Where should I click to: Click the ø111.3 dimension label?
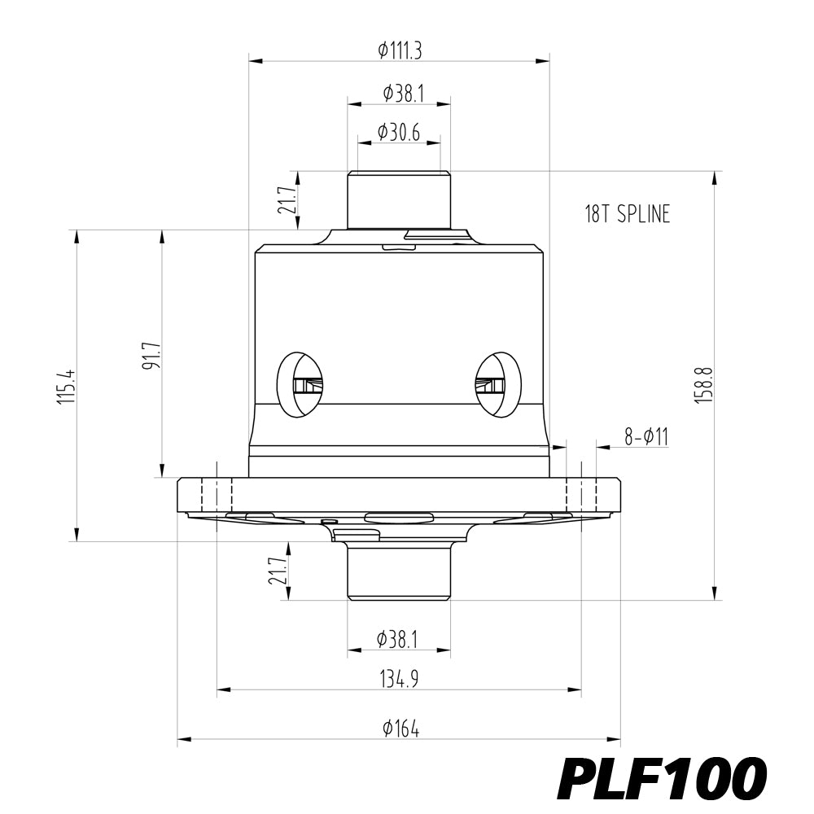point(399,50)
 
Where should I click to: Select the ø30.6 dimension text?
point(399,133)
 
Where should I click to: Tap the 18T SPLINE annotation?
point(628,214)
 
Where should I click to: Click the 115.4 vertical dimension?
point(67,387)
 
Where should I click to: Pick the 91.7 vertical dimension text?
point(152,356)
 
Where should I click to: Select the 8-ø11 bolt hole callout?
point(646,436)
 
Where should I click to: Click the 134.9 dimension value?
point(399,679)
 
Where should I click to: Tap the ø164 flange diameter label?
point(400,729)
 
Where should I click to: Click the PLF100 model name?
point(661,778)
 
